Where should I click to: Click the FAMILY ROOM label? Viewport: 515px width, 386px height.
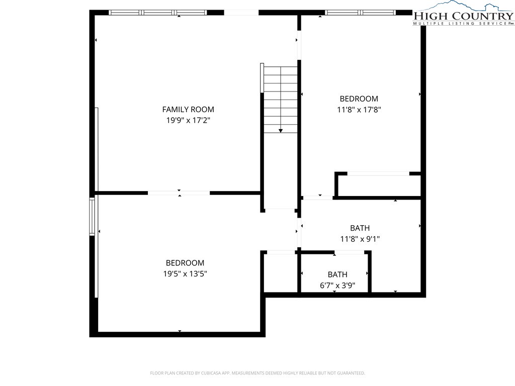pos(188,109)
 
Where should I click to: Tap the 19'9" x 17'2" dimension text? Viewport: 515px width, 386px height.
pos(188,120)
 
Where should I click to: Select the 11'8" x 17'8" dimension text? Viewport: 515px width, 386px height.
pos(359,110)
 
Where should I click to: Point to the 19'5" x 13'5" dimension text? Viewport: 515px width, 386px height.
pos(185,273)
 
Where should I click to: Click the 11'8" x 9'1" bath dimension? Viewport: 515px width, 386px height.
pos(360,239)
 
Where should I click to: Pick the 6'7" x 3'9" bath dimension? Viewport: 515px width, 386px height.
pos(337,285)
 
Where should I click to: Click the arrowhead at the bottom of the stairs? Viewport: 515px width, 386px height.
pos(281,131)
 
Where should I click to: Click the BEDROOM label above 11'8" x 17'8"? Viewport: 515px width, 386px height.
pos(359,99)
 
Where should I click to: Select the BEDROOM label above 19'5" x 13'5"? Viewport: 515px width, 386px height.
pos(185,263)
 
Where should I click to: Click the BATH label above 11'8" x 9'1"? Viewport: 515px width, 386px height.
pos(360,228)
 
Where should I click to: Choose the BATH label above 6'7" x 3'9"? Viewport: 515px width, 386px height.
pos(337,274)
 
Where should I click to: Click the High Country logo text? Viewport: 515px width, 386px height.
pos(463,16)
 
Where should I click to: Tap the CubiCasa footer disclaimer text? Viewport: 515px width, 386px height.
pos(257,373)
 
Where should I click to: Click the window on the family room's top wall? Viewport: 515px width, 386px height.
pos(158,13)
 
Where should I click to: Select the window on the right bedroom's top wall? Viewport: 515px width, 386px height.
pos(360,13)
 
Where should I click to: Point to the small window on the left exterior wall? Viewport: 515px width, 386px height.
pos(92,216)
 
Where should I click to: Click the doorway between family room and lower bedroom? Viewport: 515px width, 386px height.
pos(179,193)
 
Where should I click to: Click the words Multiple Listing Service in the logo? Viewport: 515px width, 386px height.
pos(460,24)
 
